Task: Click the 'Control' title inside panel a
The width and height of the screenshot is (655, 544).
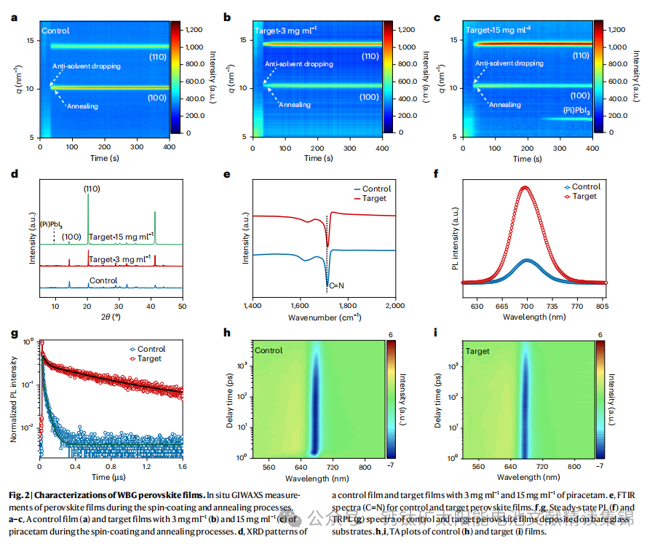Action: [56, 31]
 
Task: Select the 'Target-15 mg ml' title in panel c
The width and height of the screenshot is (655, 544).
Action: [498, 31]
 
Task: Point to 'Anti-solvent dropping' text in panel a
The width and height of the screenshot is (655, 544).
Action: [86, 66]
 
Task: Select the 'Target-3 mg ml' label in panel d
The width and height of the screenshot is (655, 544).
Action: [121, 259]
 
